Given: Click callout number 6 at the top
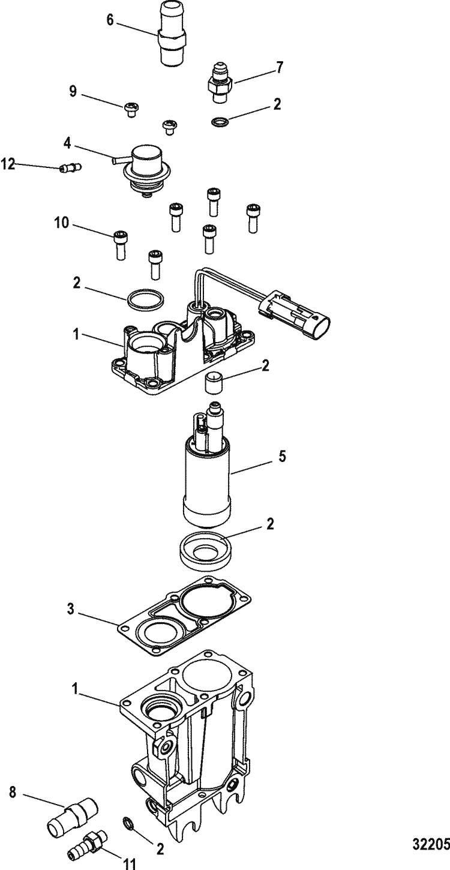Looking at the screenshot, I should tap(109, 20).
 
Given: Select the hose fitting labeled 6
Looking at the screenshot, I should tap(170, 32).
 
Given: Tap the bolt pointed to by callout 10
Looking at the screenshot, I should tap(119, 243).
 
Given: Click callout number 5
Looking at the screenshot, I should tap(281, 457).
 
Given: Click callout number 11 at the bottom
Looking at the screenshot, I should tap(130, 863).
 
